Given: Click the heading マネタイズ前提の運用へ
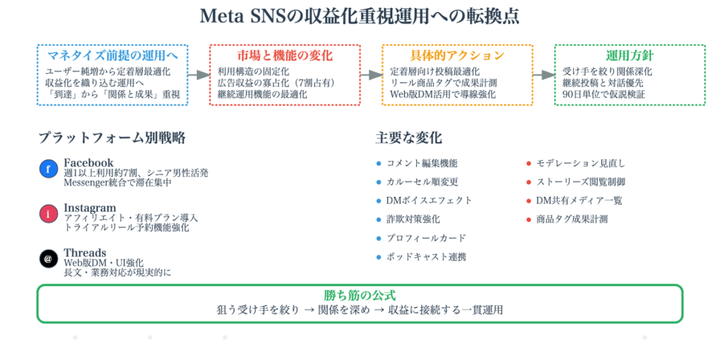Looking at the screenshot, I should click(112, 56).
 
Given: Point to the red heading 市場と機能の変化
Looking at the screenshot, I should click(285, 56).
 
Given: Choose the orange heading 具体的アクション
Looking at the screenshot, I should click(457, 56).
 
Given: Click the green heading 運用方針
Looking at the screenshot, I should click(629, 56).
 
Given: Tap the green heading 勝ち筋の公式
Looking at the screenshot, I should click(359, 295).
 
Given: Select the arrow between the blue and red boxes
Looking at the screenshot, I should click(198, 75).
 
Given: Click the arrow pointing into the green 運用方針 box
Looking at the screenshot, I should click(543, 75).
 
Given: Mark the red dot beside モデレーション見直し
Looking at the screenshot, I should click(529, 163).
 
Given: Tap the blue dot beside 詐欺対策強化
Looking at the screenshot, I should click(378, 219).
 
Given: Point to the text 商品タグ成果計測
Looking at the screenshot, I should click(572, 219).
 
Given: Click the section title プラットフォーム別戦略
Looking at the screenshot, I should click(112, 138).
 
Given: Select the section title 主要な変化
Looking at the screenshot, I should click(409, 138).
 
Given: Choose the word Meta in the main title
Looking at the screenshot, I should click(224, 16).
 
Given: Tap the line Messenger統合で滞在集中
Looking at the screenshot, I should click(117, 183).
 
